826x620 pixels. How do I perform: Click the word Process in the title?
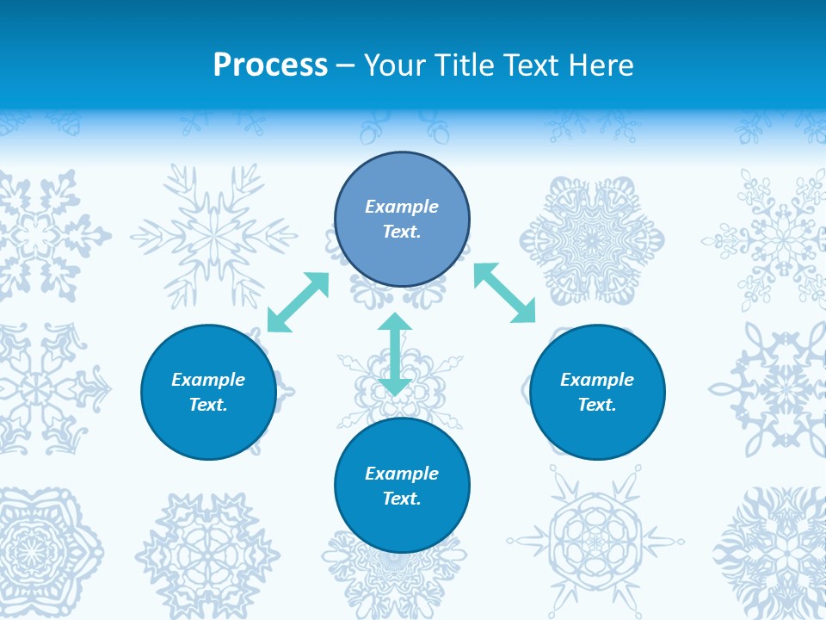(x=270, y=65)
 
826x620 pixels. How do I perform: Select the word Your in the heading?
(x=392, y=65)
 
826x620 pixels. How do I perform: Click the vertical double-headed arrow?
(x=395, y=354)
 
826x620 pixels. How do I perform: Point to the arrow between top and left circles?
(x=299, y=302)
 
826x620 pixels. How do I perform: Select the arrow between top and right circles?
(x=504, y=293)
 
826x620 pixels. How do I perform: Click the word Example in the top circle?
(x=402, y=207)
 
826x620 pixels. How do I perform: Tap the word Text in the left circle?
(x=208, y=405)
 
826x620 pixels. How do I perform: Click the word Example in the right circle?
(x=597, y=380)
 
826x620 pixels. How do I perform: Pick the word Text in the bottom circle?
(x=402, y=499)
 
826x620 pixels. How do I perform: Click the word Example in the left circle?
(x=208, y=380)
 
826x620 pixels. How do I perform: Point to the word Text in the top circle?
(x=402, y=232)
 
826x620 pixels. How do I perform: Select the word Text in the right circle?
(x=597, y=405)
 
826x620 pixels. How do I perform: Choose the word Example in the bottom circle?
(x=402, y=474)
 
